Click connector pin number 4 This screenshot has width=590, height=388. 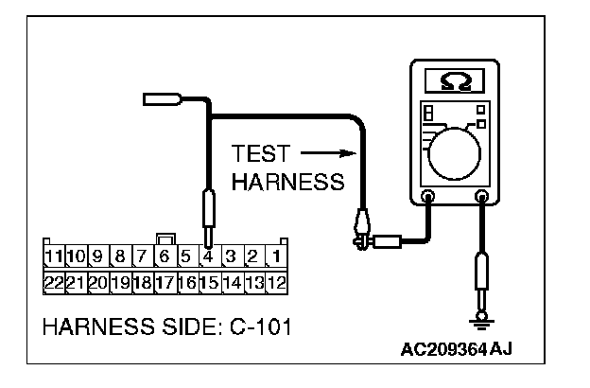pyautogui.click(x=207, y=256)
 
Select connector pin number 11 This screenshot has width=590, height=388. pyautogui.click(x=54, y=256)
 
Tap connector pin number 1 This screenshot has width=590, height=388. pyautogui.click(x=276, y=256)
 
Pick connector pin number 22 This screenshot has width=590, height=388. pyautogui.click(x=54, y=281)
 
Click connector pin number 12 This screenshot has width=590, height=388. pyautogui.click(x=276, y=281)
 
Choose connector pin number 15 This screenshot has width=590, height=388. pyautogui.click(x=209, y=281)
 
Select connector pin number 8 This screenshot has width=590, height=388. pyautogui.click(x=120, y=256)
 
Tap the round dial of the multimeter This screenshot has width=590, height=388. pyautogui.click(x=457, y=151)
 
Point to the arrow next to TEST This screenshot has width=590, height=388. pyautogui.click(x=331, y=153)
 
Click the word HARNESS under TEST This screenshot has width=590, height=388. pyautogui.click(x=287, y=182)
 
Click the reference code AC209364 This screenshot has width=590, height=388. pyautogui.click(x=443, y=348)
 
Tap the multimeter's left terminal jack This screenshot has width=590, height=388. pyautogui.click(x=428, y=198)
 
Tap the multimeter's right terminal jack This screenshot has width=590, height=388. pyautogui.click(x=483, y=198)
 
